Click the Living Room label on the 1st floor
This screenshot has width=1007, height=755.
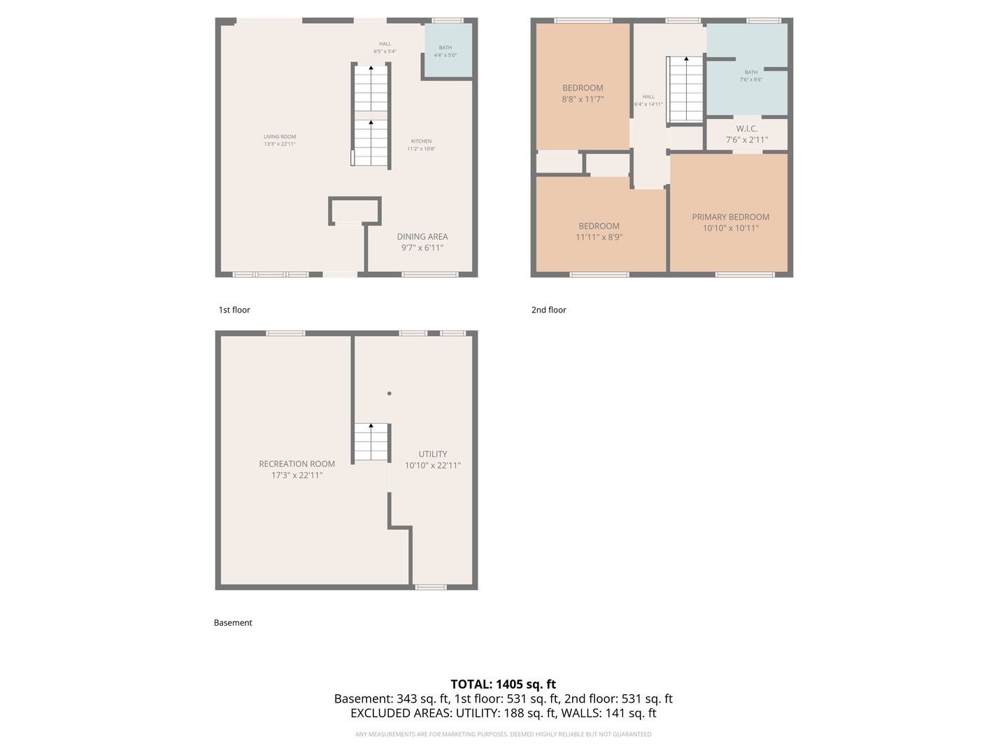coord(280,137)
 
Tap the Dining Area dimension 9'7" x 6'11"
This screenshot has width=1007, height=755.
coord(422,247)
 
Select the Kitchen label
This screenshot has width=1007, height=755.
coord(421,141)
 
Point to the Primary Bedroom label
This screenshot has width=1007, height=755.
coord(730,217)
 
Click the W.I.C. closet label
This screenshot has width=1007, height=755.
coord(747,129)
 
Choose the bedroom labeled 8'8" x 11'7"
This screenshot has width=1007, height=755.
coord(583,94)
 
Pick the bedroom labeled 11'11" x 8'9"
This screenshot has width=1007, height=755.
coord(599,231)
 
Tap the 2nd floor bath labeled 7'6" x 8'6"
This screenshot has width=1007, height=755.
coord(751,75)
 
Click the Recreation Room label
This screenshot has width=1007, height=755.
coord(297,463)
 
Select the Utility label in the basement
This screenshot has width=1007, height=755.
coord(433,454)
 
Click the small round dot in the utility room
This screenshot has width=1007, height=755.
coord(390,394)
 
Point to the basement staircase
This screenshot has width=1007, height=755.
coord(371,443)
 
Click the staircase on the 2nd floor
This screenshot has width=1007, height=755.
coord(685,89)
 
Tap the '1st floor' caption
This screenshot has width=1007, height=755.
coord(234,310)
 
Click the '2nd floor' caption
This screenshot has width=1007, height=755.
coord(549,310)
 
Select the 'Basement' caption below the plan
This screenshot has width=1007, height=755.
coord(233,622)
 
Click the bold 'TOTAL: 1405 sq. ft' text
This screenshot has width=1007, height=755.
coord(503,684)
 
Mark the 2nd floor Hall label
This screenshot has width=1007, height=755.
coord(648,97)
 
